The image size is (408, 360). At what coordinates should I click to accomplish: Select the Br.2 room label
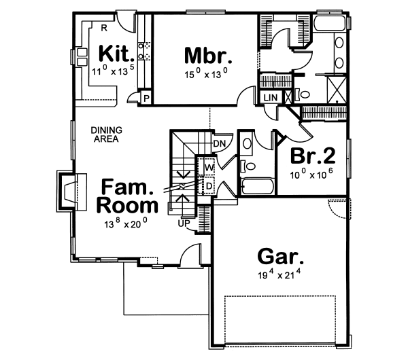coord(311,156)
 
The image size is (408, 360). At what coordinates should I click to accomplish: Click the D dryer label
coord(209,185)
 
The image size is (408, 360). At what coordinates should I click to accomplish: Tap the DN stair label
coord(219,144)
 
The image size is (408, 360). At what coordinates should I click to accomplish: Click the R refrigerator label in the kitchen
coord(104,28)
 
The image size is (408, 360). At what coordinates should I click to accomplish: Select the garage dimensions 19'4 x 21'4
coord(280,275)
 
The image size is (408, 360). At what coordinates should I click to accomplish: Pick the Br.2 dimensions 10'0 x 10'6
coord(311,174)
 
